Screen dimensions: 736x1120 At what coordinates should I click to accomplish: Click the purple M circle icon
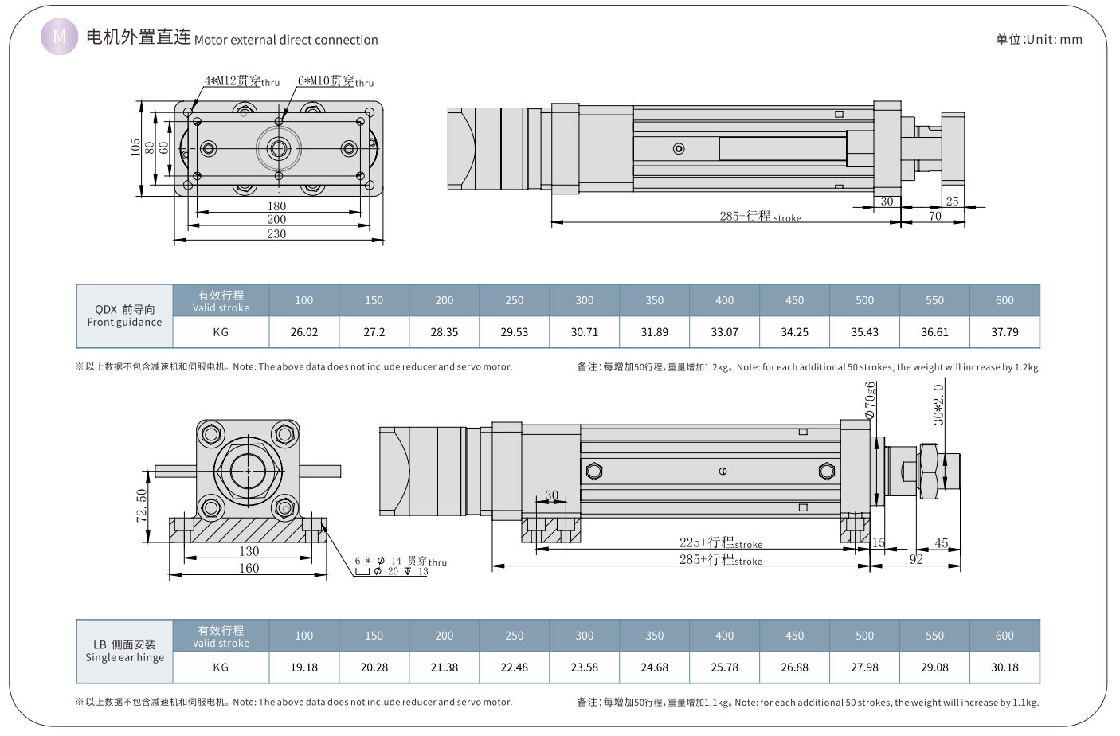coord(59,37)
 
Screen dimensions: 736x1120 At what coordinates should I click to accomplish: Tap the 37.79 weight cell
coord(1004,332)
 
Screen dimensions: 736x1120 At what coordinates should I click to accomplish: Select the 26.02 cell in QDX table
coord(304,332)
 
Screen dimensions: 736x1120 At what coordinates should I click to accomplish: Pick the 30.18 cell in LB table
coord(1004,667)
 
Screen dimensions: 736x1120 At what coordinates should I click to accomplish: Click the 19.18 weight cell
coord(304,667)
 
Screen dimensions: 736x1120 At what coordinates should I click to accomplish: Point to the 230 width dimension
coord(276,233)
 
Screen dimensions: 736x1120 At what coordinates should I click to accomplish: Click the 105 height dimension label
coord(135,147)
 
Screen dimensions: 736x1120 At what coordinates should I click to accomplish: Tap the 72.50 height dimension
coord(142,506)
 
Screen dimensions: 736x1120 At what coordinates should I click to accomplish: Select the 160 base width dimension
coord(249,568)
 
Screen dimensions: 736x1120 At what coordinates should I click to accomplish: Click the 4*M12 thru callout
coord(241,81)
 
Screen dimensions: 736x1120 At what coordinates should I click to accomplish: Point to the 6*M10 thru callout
coord(335,81)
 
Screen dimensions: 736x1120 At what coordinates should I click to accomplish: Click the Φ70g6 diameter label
coord(870,400)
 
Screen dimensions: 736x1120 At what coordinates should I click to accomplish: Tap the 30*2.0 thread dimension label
coord(938,405)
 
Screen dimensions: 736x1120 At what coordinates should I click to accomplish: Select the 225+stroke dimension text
coord(720,542)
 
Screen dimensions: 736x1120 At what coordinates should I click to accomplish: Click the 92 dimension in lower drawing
coord(916,559)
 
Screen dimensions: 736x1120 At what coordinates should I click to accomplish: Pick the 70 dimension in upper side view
coord(935,216)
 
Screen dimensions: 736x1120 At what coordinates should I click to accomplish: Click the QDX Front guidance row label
coord(124,315)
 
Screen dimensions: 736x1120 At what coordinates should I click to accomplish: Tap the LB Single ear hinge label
coord(124,651)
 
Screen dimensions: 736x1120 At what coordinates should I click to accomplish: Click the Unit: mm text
coord(1039,39)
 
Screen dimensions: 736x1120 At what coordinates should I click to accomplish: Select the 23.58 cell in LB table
coord(584,667)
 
